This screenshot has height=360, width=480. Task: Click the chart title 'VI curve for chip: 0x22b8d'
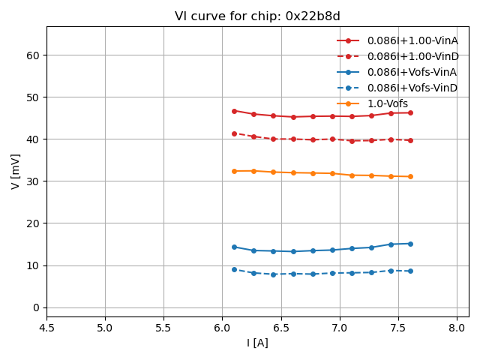(257, 16)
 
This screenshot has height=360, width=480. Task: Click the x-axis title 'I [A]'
(257, 343)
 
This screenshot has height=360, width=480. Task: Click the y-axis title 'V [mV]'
(15, 171)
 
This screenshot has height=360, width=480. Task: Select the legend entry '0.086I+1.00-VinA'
(412, 40)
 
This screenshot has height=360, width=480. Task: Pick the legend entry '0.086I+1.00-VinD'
(412, 56)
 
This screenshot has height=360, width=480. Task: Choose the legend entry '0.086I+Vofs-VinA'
(412, 72)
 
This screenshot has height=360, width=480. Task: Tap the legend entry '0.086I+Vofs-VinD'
(412, 88)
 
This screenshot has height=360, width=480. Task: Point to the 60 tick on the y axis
(33, 55)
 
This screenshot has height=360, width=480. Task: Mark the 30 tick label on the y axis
(33, 181)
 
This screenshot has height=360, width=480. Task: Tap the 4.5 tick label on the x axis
(46, 328)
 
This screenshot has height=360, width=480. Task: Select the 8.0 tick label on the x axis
(457, 328)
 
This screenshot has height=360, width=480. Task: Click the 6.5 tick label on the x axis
(280, 328)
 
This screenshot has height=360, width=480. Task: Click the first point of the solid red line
(234, 111)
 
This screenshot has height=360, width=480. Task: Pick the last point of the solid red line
(410, 112)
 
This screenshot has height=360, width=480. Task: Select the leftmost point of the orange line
(234, 171)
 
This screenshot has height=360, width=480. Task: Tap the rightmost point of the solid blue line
(410, 244)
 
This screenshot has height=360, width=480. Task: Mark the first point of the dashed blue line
(234, 269)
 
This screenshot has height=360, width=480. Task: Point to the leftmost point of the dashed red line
(234, 133)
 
